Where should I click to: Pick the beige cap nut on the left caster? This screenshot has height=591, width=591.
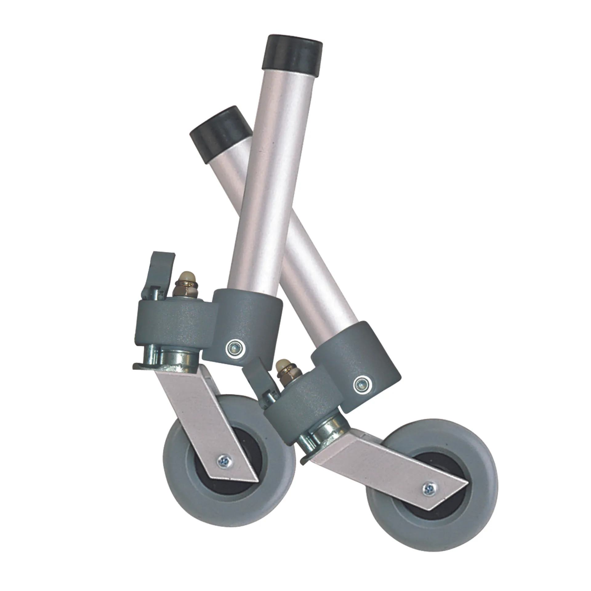(185, 275)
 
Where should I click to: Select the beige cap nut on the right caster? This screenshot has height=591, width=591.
(281, 366)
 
